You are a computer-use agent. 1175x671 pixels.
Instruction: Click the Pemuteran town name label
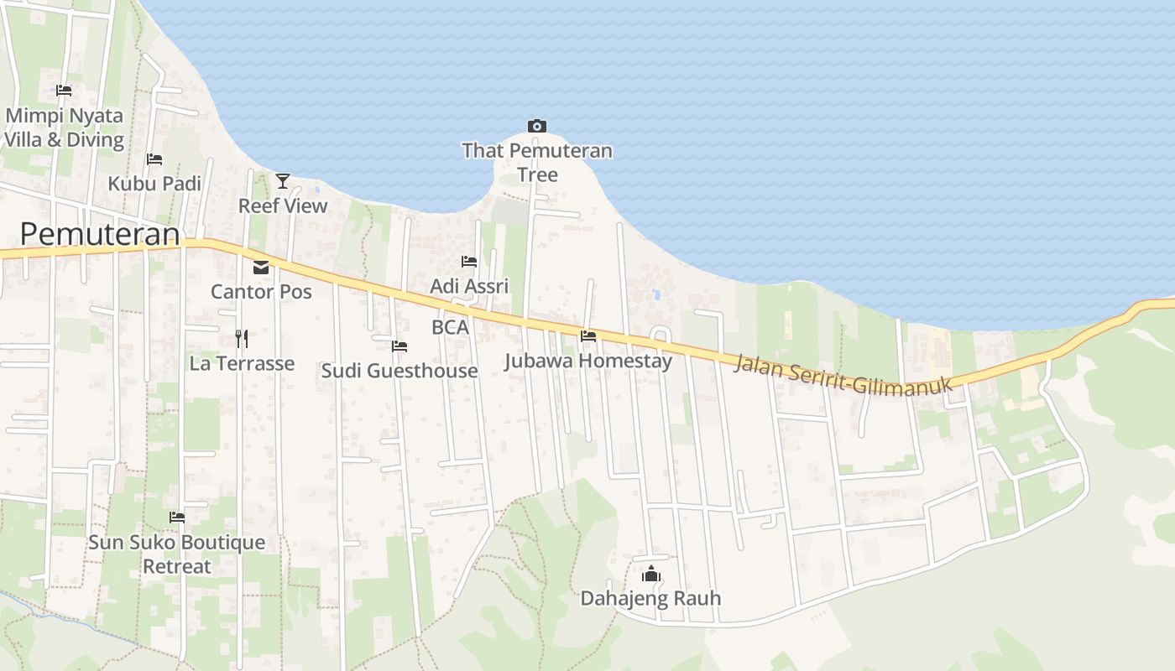(100, 234)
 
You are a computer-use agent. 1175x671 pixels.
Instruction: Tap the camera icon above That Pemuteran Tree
(537, 127)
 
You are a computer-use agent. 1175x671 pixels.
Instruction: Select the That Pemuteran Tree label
(537, 163)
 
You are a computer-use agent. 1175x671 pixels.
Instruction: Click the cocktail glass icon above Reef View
(283, 180)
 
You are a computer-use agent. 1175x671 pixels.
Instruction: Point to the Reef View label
(283, 205)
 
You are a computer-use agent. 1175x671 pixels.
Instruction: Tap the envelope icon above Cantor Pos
(261, 268)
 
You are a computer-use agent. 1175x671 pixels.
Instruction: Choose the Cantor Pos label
(261, 292)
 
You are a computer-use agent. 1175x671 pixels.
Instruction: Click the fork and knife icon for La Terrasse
(242, 338)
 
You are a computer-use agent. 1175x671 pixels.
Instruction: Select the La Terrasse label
(242, 363)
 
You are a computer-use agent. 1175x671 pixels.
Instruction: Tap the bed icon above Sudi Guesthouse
(399, 346)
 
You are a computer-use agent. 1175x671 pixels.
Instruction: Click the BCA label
(450, 327)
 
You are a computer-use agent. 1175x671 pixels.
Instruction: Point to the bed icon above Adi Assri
(469, 262)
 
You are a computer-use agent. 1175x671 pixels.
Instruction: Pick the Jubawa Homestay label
(588, 361)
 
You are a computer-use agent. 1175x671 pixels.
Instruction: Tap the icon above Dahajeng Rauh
(651, 575)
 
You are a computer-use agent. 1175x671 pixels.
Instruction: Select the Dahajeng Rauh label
(651, 599)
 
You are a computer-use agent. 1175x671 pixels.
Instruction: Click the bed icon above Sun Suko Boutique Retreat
(177, 518)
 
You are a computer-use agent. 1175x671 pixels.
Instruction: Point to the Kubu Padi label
(154, 183)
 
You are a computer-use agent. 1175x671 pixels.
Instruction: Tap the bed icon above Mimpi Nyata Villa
(64, 91)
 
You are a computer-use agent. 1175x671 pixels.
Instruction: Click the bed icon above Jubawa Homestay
(588, 336)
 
